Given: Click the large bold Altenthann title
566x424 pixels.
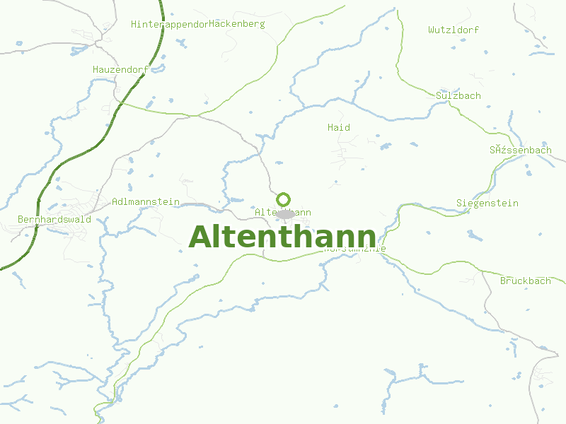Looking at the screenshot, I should point(283,237).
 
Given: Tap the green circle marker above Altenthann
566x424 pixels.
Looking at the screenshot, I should point(284,199).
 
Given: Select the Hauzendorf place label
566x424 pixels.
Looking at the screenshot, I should point(120,69).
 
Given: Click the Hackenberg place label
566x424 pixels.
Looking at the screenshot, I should point(238,24).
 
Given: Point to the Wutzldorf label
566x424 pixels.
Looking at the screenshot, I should point(454,30).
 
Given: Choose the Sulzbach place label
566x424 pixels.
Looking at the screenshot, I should point(458,95).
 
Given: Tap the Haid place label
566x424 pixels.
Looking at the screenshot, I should point(339,127).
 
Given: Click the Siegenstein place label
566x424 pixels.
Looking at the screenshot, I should point(487,204).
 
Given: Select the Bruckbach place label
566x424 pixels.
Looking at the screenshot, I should point(526,281).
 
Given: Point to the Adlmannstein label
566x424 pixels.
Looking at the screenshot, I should point(146,202).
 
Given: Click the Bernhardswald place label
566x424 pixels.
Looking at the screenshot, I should point(54,219).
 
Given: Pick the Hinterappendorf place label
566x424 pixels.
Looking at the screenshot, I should point(170,25).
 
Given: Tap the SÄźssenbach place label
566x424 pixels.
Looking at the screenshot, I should point(521,151).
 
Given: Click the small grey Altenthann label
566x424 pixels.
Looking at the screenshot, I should point(282,212).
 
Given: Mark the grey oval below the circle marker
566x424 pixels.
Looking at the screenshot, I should point(285,213).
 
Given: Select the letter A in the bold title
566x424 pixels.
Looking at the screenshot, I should point(202,237).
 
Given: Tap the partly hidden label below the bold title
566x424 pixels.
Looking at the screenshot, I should point(354,249).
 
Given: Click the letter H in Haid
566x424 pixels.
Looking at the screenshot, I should point(330,127).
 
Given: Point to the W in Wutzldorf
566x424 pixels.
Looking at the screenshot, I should point(432,30).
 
